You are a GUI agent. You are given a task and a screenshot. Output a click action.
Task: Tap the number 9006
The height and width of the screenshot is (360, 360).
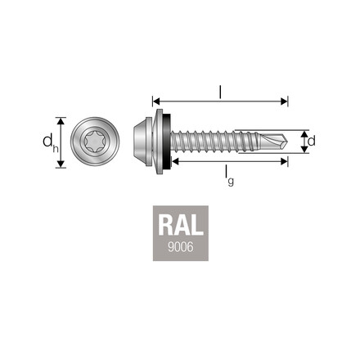click(x=180, y=247)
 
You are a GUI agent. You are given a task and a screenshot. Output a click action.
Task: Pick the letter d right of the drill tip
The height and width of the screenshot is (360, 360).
click(x=312, y=141)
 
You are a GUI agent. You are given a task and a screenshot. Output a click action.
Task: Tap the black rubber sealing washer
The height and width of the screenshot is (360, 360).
click(x=166, y=141)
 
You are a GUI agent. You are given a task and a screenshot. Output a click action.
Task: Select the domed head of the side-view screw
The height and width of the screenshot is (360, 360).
click(x=145, y=141)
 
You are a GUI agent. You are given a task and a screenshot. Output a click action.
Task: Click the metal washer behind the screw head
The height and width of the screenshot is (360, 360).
click(x=158, y=141)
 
